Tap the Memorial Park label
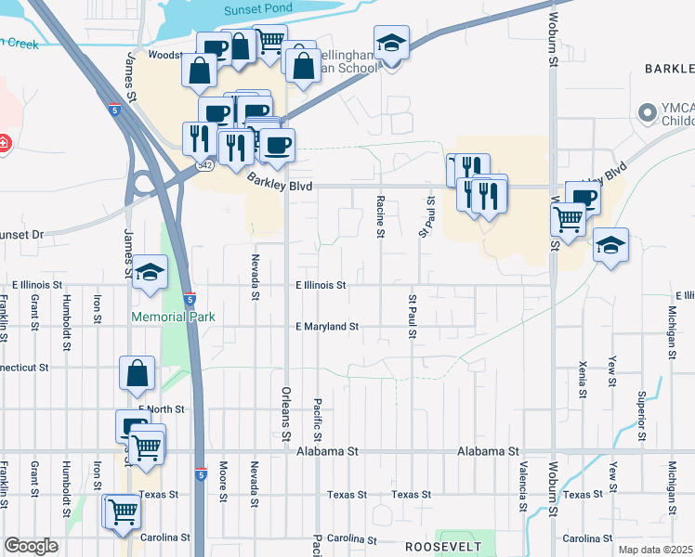point(174,317)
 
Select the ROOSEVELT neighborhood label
point(441,548)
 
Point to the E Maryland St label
point(326,327)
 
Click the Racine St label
point(381,216)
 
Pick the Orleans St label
point(286,413)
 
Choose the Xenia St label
point(583,380)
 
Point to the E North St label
point(162,408)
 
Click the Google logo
point(31,546)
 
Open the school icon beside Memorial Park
point(149,272)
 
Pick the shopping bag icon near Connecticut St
point(137,373)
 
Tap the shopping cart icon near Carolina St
point(123,511)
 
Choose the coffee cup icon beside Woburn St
point(583,197)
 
